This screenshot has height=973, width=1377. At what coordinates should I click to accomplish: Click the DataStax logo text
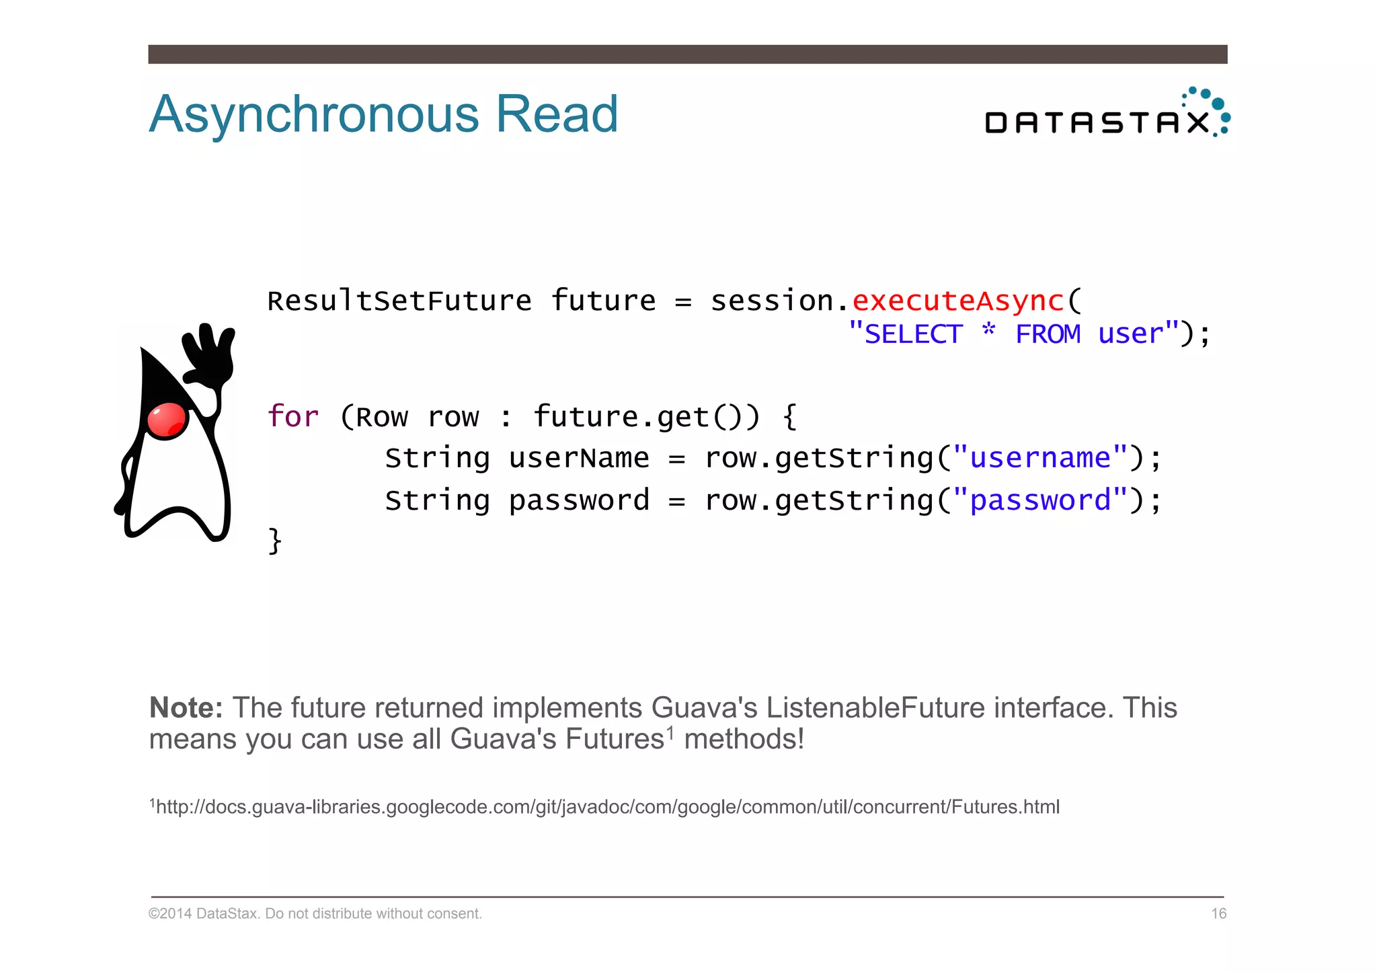pyautogui.click(x=1096, y=122)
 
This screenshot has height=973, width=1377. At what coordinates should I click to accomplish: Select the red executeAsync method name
pyautogui.click(x=958, y=301)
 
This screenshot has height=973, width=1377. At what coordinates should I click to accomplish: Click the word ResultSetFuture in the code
pyautogui.click(x=399, y=301)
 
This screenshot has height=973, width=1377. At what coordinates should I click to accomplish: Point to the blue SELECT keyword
pyautogui.click(x=912, y=334)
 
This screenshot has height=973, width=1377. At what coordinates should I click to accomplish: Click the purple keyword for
pyautogui.click(x=292, y=416)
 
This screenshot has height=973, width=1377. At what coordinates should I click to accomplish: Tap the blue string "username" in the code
pyautogui.click(x=1039, y=458)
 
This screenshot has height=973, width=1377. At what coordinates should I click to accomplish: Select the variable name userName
pyautogui.click(x=579, y=458)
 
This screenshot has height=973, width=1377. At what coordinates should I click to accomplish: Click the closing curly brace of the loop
pyautogui.click(x=275, y=541)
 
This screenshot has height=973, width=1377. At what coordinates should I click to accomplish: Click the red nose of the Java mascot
pyautogui.click(x=166, y=420)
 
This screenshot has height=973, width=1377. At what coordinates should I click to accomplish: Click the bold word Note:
pyautogui.click(x=186, y=707)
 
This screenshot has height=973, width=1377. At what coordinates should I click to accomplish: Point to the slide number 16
pyautogui.click(x=1218, y=914)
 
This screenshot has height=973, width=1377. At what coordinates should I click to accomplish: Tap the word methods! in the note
pyautogui.click(x=744, y=739)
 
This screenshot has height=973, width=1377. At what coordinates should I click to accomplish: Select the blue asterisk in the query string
pyautogui.click(x=988, y=331)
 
